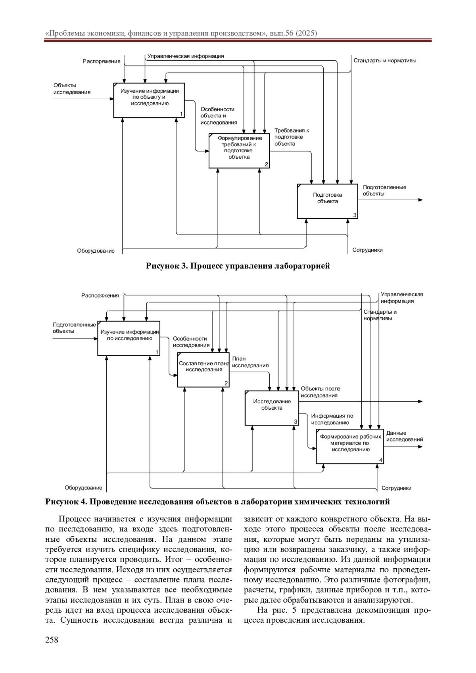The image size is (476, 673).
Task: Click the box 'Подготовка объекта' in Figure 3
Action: (327, 201)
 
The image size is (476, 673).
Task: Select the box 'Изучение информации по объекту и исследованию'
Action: (149, 100)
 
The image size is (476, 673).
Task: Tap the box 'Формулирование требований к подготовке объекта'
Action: (239, 151)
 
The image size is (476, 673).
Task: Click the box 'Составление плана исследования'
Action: (203, 370)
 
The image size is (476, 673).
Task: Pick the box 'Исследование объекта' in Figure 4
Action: (272, 408)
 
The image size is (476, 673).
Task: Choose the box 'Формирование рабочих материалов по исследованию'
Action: (350, 446)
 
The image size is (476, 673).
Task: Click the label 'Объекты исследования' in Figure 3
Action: (72, 88)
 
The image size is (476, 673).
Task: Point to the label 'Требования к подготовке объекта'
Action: (292, 137)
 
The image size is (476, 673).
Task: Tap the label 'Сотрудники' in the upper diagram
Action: (367, 250)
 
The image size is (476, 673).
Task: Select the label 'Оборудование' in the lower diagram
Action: (83, 488)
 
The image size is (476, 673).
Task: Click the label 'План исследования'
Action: (250, 362)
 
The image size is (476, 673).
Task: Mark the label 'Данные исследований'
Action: (404, 436)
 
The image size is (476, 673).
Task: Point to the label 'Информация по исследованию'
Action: (332, 419)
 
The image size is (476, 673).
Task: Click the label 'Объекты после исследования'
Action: (320, 392)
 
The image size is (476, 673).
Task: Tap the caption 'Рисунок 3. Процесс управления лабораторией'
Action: (238, 266)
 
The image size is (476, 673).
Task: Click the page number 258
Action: (52, 640)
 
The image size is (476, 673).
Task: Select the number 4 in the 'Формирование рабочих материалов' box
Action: (381, 460)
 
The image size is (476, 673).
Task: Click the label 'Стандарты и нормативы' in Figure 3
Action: (385, 61)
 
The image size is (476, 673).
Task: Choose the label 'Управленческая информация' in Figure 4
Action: (401, 297)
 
